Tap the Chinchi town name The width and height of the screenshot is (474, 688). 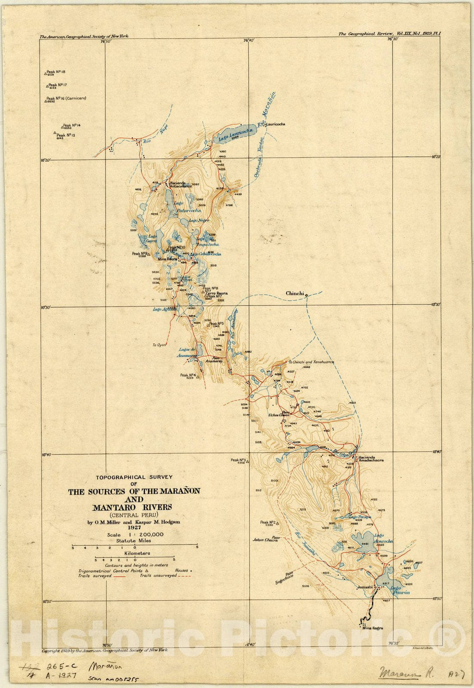pyautogui.click(x=295, y=293)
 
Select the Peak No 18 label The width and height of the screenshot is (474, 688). pyautogui.click(x=56, y=72)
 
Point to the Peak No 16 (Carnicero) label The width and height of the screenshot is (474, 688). pyautogui.click(x=66, y=99)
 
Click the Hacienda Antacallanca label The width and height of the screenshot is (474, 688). pyautogui.click(x=180, y=184)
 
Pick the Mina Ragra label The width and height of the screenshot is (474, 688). pyautogui.click(x=372, y=628)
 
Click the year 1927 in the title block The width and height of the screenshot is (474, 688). pyautogui.click(x=134, y=528)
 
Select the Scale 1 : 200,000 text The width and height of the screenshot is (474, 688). pyautogui.click(x=135, y=534)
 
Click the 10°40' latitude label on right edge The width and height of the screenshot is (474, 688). pyautogui.click(x=436, y=451)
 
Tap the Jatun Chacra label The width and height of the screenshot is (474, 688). pyautogui.click(x=265, y=540)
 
